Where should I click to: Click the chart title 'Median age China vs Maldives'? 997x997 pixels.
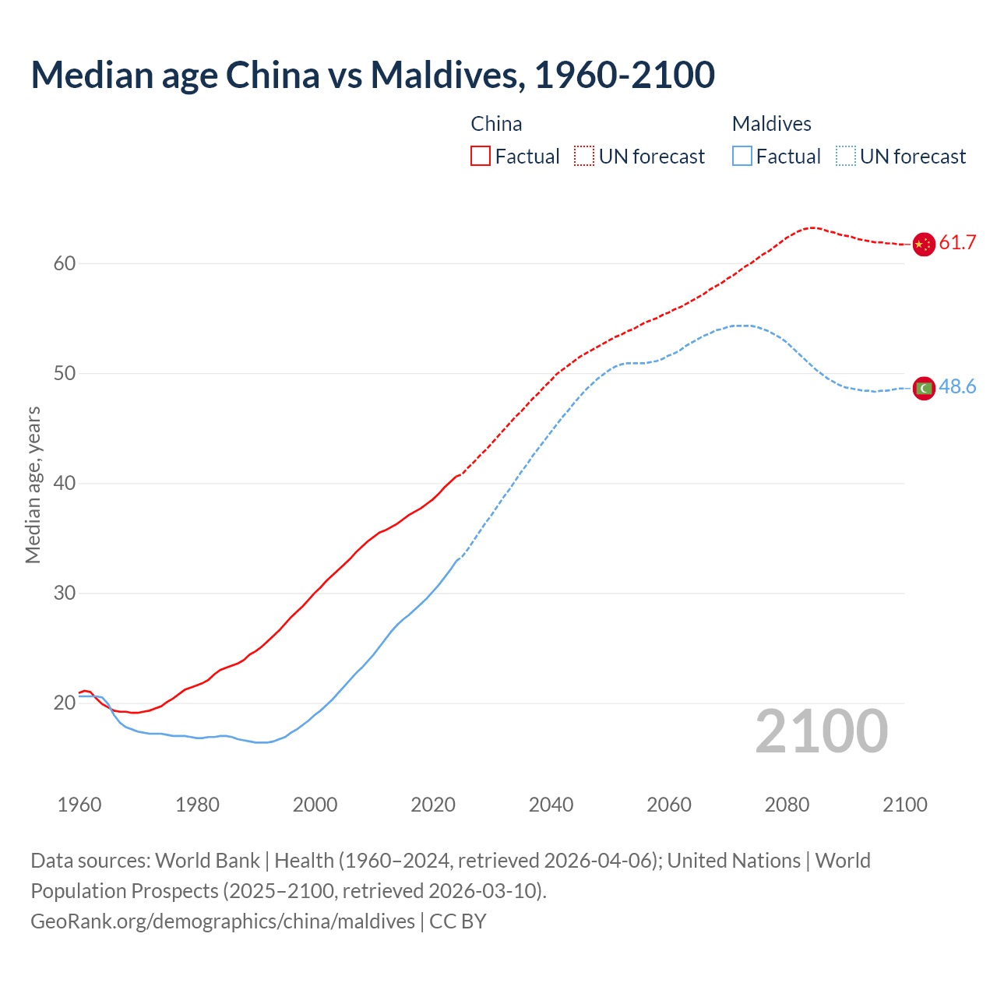[x=372, y=75]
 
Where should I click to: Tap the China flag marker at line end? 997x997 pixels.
[x=923, y=244]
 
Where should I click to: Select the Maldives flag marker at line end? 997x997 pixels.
[x=923, y=388]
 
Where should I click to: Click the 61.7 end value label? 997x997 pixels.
[x=957, y=243]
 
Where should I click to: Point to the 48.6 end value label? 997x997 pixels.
[x=957, y=387]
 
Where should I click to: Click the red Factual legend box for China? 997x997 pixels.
[x=481, y=157]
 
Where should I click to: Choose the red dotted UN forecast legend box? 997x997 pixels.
[x=584, y=157]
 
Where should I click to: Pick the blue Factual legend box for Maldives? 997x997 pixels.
[x=742, y=157]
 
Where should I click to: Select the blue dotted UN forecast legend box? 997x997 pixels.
[x=846, y=157]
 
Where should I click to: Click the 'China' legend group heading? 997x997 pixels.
[x=496, y=124]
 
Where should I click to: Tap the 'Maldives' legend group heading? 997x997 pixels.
[x=771, y=124]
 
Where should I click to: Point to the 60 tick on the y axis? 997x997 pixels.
[x=64, y=264]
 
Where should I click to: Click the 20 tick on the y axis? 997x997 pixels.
[x=64, y=703]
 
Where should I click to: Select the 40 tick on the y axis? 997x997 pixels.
[x=64, y=484]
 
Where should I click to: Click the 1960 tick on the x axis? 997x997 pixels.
[x=79, y=805]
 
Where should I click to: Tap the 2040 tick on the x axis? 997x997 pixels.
[x=551, y=805]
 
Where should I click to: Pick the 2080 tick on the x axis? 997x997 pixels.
[x=787, y=805]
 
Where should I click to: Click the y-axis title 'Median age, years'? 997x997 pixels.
[x=33, y=484]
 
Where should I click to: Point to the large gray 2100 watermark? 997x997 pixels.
[x=821, y=731]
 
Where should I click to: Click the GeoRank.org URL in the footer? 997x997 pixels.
[x=223, y=921]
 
